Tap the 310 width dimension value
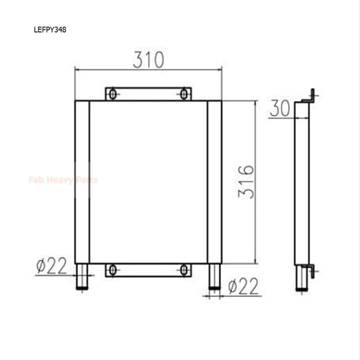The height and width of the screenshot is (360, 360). point(148,59)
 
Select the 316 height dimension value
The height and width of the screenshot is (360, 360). point(246,182)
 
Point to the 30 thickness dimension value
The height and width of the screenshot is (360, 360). point(280,109)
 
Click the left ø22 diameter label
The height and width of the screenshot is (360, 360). point(51,265)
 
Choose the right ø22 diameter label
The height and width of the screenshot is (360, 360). point(244,287)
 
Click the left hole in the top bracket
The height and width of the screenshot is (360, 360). point(113,94)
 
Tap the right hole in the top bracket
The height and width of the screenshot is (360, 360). point(184,94)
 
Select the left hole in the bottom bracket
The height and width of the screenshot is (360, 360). point(113,271)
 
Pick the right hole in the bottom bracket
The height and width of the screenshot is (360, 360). point(184,271)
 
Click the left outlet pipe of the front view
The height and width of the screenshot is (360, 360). point(83,277)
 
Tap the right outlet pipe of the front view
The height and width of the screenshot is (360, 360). point(214,277)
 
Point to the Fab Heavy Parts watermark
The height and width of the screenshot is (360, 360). point(62,180)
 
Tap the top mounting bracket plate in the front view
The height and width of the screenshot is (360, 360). point(148,94)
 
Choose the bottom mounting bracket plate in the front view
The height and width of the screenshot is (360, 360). point(148,271)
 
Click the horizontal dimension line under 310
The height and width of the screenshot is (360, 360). point(148,70)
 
